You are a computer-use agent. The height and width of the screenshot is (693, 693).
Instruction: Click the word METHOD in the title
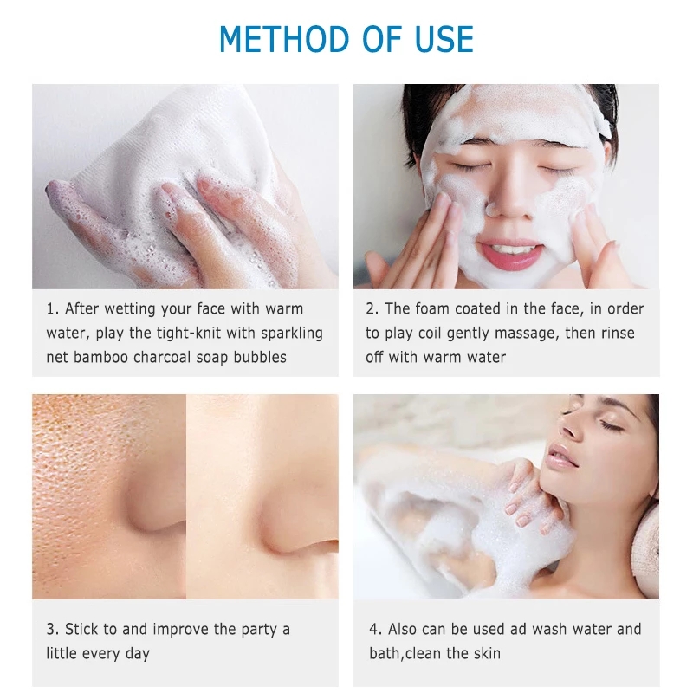tap(284, 39)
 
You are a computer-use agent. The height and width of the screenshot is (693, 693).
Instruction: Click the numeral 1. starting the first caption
tap(52, 309)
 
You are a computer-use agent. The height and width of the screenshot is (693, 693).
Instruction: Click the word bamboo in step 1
tap(100, 357)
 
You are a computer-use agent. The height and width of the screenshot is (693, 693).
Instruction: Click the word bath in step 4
tap(385, 653)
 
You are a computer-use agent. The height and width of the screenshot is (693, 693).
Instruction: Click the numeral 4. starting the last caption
tap(376, 629)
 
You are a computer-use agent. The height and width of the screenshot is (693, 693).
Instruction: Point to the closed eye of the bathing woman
tap(611, 425)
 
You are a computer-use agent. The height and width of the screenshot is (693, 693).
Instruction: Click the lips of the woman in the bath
tap(560, 457)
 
